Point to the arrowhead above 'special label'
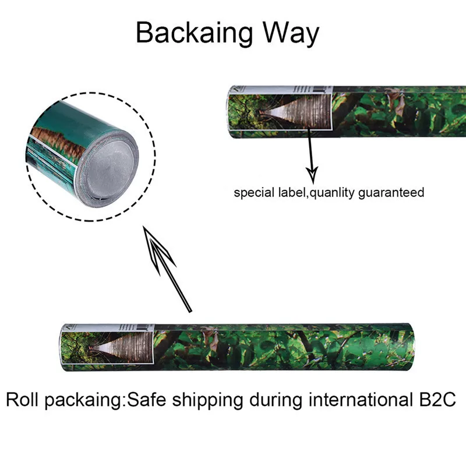click(x=312, y=173)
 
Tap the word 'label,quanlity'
click(x=311, y=193)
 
